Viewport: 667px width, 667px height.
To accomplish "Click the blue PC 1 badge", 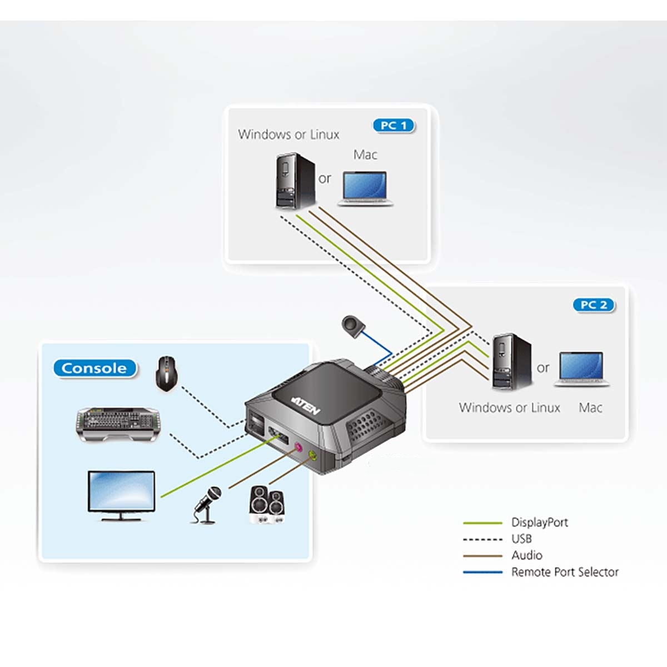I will point(394,126).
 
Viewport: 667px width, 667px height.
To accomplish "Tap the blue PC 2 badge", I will point(594,305).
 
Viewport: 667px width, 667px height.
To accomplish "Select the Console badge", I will point(94,368).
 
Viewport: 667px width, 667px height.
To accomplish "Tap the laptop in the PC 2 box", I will point(581,369).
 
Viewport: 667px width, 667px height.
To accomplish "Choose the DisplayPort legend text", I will point(539,522).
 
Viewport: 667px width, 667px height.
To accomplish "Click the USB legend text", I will point(521,539).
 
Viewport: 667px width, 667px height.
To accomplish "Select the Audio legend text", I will point(526,555).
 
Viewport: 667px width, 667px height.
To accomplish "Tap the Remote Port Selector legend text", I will point(564,572).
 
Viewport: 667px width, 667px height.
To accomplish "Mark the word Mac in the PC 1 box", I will point(365,155).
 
